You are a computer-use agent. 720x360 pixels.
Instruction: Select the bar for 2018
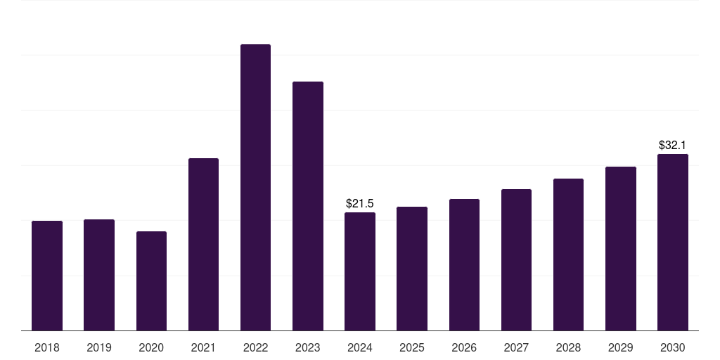(x=47, y=276)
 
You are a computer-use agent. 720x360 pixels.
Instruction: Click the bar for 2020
(x=151, y=281)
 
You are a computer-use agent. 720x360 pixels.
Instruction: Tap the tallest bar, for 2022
(x=255, y=187)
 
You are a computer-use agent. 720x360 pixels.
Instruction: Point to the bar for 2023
(x=308, y=206)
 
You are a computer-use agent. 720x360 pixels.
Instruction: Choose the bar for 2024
(x=360, y=271)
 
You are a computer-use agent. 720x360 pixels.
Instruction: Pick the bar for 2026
(x=464, y=264)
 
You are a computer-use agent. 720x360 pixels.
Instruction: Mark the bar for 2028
(x=568, y=255)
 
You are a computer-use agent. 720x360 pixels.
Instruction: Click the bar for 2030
(x=673, y=242)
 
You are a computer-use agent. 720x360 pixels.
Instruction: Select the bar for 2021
(x=203, y=244)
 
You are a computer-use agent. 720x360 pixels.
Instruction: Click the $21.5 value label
(x=360, y=204)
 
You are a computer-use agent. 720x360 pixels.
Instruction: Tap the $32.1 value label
(x=673, y=146)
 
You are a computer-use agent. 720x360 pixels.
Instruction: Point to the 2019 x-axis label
(x=99, y=348)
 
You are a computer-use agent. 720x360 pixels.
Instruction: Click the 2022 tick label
(x=255, y=348)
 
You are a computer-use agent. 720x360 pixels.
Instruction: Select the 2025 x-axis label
(x=412, y=348)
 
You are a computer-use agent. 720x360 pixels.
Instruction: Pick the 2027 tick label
(x=516, y=348)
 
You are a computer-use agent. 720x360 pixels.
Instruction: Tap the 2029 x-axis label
(x=620, y=348)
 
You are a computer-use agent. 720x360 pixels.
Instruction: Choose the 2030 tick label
(x=673, y=348)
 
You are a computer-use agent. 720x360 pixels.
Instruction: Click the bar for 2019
(x=99, y=275)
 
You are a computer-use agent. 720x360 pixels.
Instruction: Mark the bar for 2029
(x=620, y=248)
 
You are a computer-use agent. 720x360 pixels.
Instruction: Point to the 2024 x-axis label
(x=360, y=348)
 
